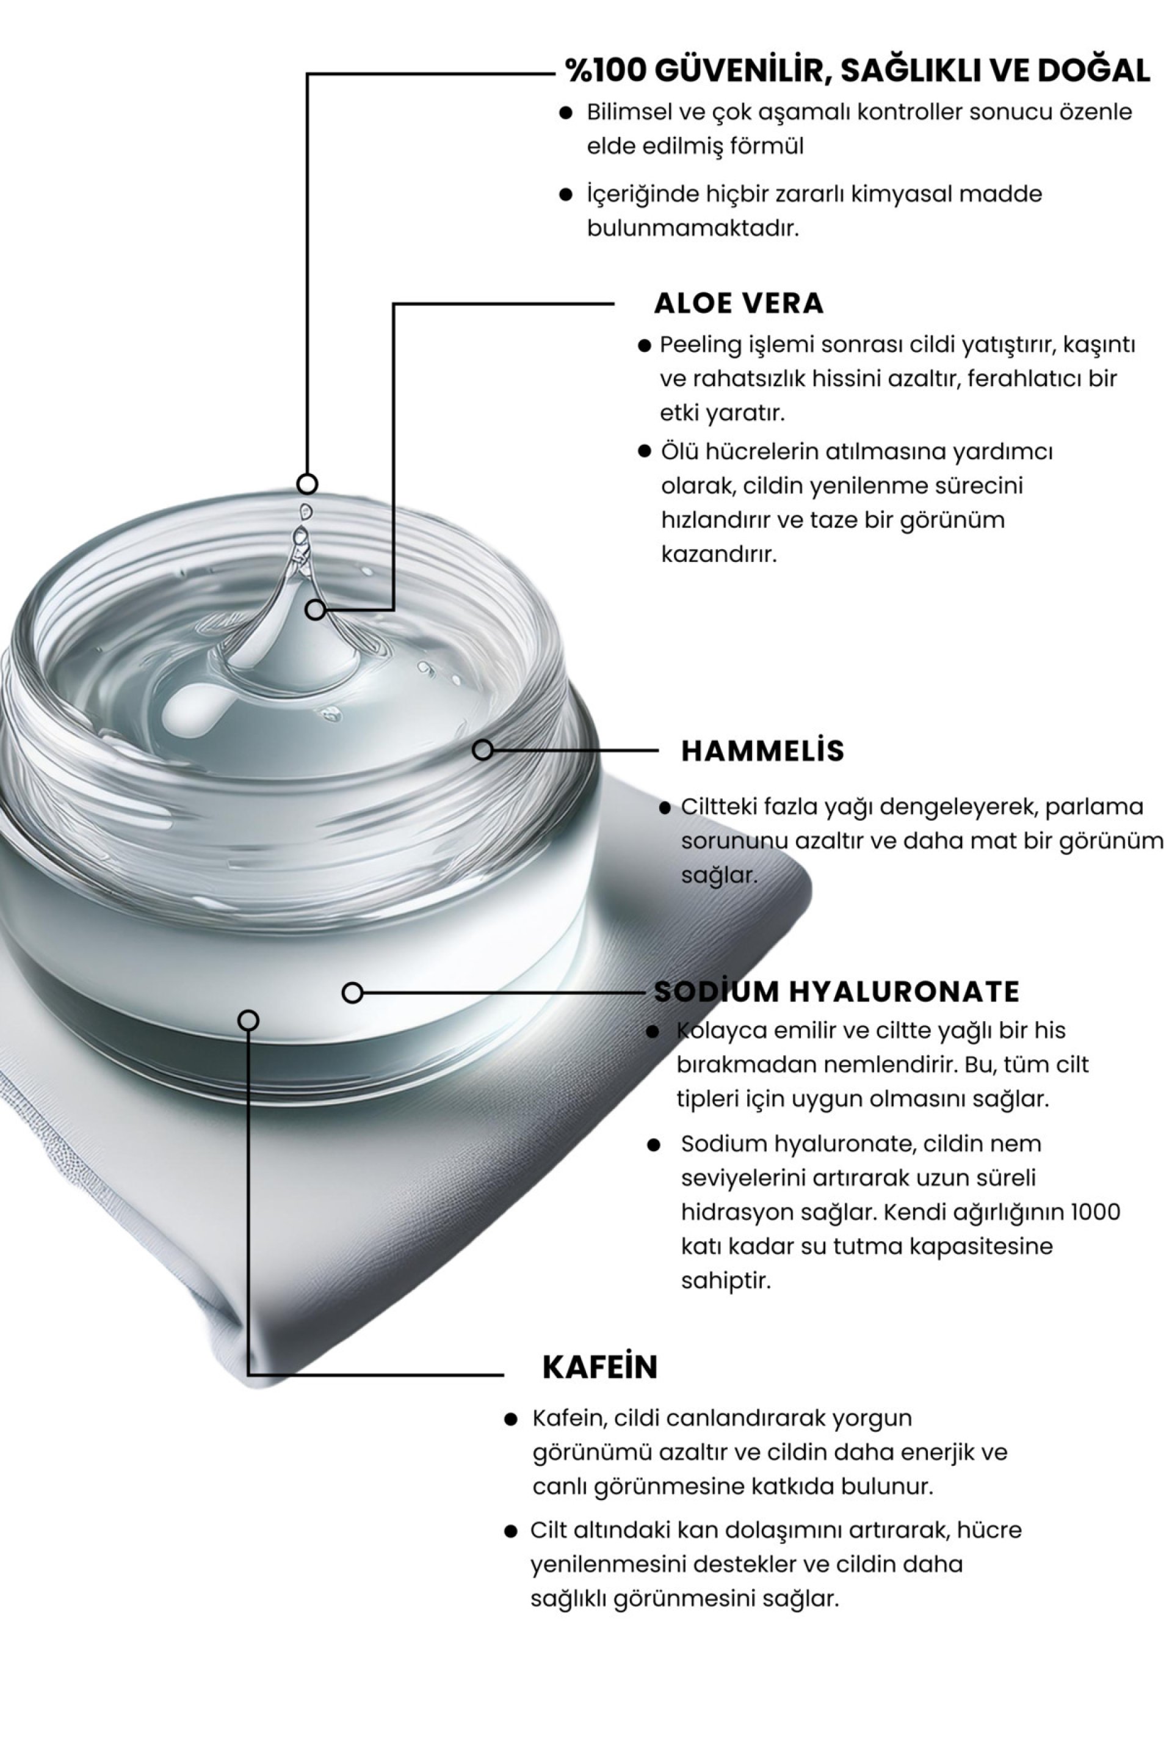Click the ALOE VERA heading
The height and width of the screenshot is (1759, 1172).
[x=739, y=304]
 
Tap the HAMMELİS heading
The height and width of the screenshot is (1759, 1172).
[x=762, y=751]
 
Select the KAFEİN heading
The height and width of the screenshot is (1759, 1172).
[x=599, y=1366]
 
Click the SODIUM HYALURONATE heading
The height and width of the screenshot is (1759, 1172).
[x=836, y=992]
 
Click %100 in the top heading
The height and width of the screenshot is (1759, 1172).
[x=605, y=71]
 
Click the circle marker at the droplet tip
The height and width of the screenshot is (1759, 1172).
[x=307, y=484]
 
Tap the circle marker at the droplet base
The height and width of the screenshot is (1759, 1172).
[x=316, y=610]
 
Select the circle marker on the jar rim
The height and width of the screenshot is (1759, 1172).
[x=483, y=749]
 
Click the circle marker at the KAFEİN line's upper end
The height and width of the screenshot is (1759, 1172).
[x=248, y=1020]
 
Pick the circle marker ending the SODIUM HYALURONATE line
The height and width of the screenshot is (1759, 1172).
[x=352, y=992]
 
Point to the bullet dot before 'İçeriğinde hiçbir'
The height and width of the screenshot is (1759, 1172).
[x=566, y=194]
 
